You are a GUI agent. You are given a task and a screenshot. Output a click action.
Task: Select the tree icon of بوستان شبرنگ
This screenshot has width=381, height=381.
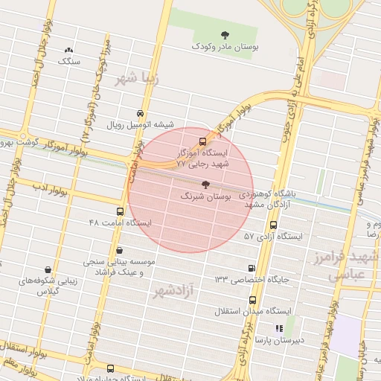click(x=205, y=184)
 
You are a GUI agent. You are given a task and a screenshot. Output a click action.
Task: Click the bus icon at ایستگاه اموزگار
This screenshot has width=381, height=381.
click(x=203, y=141)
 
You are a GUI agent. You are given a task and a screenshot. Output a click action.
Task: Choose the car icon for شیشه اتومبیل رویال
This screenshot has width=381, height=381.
click(x=140, y=113)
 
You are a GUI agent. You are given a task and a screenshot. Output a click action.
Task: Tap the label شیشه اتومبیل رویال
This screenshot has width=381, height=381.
click(x=141, y=125)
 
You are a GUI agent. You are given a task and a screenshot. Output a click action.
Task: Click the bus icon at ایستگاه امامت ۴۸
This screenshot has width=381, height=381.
click(x=120, y=211)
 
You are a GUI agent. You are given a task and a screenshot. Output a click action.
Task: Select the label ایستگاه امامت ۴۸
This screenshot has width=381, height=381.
click(x=119, y=222)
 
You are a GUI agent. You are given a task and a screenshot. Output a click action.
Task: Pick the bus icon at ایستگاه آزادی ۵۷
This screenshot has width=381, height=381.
click(x=273, y=224)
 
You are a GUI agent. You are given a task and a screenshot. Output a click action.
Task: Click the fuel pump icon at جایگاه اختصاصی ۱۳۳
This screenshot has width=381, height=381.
click(x=250, y=268)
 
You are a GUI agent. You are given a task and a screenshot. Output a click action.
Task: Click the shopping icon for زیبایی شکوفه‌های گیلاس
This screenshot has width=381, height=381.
click(x=48, y=269)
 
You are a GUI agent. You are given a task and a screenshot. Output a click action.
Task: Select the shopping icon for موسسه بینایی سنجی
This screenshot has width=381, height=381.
click(x=119, y=251)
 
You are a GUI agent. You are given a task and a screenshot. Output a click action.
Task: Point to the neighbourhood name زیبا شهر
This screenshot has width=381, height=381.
click(x=138, y=78)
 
